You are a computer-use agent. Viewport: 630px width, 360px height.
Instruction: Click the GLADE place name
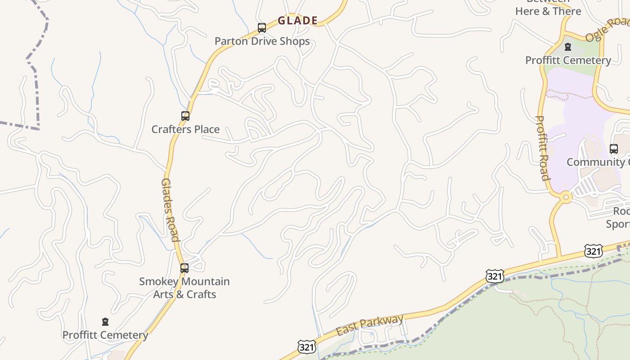tap(297, 21)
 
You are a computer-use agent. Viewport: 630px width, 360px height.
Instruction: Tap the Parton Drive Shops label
tap(262, 41)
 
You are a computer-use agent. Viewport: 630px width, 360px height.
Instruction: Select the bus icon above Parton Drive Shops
tap(262, 28)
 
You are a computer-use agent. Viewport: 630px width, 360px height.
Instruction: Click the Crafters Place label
tap(185, 130)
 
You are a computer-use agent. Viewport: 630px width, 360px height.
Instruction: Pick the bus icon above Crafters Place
tap(185, 116)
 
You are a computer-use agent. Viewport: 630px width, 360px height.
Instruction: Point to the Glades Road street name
tap(171, 210)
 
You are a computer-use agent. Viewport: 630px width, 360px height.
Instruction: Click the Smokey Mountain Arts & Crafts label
tap(184, 288)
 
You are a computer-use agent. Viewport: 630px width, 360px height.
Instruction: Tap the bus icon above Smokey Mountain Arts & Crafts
tap(184, 268)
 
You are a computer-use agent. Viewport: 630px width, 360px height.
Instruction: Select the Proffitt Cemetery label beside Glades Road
tap(105, 335)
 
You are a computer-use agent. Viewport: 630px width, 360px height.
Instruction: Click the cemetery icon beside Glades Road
tap(105, 322)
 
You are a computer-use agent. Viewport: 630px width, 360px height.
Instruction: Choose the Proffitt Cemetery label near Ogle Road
tap(568, 60)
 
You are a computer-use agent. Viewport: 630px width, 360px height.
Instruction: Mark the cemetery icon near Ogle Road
tap(568, 46)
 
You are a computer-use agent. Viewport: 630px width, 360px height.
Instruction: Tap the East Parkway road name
tap(369, 325)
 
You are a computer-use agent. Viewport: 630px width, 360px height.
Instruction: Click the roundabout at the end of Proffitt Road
tap(566, 197)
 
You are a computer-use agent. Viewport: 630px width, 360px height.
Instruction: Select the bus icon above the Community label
tap(614, 149)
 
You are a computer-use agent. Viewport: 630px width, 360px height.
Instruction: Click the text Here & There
tap(548, 11)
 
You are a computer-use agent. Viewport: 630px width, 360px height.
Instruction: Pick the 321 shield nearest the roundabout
tap(594, 251)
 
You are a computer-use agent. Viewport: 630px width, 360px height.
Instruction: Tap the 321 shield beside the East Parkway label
tap(306, 347)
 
